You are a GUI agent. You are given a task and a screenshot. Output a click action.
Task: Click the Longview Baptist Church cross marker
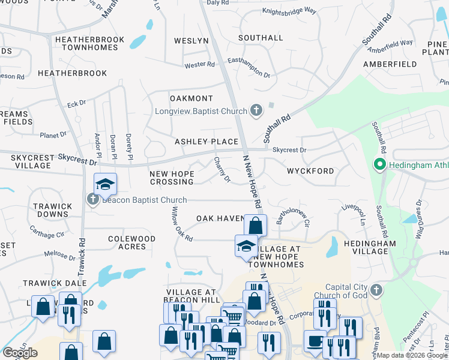(x=256, y=110)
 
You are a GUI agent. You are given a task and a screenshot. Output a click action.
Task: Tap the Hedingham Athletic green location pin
(x=379, y=163)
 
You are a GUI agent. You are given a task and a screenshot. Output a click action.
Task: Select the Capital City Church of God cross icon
(x=376, y=290)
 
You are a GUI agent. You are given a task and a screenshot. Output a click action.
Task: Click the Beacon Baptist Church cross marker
(x=93, y=200)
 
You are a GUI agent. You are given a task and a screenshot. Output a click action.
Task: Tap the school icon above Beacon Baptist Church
(x=105, y=184)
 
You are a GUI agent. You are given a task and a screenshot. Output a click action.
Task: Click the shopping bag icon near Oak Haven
(x=255, y=226)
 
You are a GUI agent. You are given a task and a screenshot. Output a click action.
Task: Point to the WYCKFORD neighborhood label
(x=310, y=171)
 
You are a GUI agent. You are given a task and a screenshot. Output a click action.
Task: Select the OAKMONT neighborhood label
(x=191, y=98)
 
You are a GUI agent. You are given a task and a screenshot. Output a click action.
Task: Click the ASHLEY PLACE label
(x=206, y=142)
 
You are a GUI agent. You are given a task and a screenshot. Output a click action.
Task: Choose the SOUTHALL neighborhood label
(x=261, y=38)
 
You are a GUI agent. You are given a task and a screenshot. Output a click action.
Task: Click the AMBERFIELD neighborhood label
(x=390, y=64)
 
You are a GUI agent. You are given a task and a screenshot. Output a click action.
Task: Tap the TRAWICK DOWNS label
(x=52, y=210)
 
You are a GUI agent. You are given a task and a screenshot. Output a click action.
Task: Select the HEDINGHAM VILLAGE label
(x=370, y=247)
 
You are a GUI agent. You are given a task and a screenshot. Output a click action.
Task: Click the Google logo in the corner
(x=20, y=353)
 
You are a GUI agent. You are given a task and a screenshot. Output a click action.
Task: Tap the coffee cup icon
(x=315, y=340)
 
